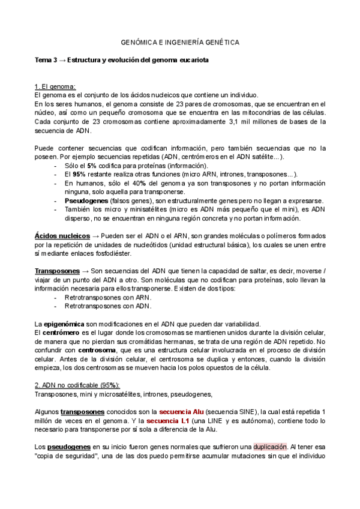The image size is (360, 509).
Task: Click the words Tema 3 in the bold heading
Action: (46, 61)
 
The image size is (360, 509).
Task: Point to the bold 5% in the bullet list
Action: (92, 166)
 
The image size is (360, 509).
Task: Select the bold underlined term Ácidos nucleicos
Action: (62, 236)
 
